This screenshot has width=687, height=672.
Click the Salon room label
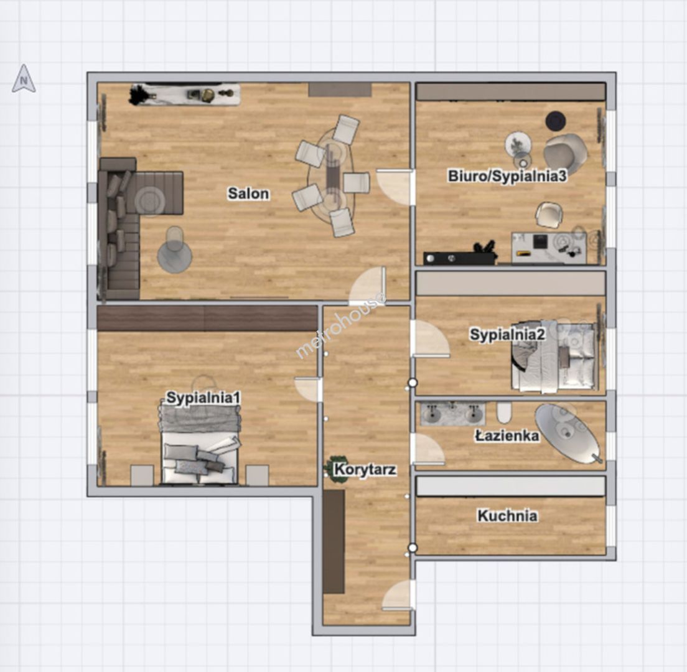click(x=248, y=193)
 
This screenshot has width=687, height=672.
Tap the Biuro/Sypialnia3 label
click(x=507, y=176)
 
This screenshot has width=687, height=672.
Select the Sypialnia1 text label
click(x=203, y=398)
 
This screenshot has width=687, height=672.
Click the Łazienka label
click(x=507, y=436)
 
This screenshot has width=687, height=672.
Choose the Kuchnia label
click(x=507, y=516)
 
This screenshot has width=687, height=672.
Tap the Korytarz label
click(x=365, y=470)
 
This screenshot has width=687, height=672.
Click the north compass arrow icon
click(x=24, y=78)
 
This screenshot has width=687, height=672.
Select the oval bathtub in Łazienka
click(x=568, y=433)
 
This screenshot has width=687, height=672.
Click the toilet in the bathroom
click(x=504, y=413)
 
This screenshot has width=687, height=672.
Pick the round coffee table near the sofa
click(x=174, y=256)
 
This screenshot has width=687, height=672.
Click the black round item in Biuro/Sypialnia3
click(x=556, y=121)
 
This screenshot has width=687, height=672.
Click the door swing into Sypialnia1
click(x=308, y=389)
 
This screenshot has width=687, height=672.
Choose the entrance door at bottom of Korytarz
click(x=398, y=595)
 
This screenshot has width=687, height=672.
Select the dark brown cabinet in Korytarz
click(x=334, y=541)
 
